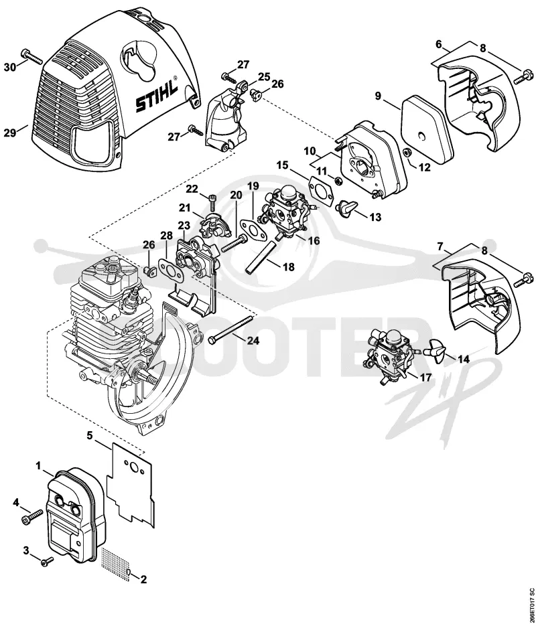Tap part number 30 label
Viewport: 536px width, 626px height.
click(x=10, y=68)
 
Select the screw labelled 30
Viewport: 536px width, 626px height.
click(x=31, y=56)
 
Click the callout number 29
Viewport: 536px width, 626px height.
click(x=9, y=133)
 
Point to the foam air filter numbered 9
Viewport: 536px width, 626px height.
click(x=427, y=122)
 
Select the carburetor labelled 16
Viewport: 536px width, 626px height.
click(x=285, y=214)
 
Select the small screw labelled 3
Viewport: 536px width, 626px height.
click(x=48, y=561)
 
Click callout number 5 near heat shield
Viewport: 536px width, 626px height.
click(x=90, y=435)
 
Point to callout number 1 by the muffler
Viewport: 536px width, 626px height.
click(x=38, y=465)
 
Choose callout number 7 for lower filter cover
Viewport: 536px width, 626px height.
click(x=440, y=246)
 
